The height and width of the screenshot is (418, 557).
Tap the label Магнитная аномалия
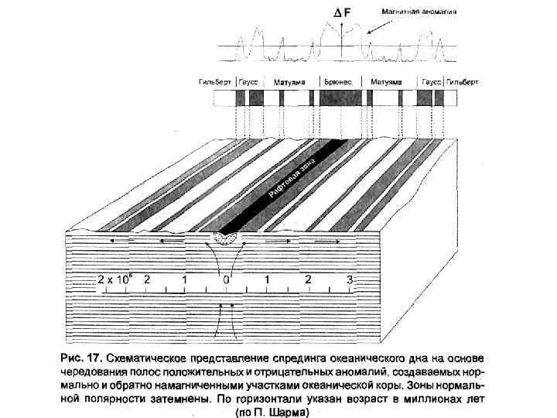pyautogui.click(x=418, y=12)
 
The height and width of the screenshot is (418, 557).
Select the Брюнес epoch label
pyautogui.click(x=338, y=81)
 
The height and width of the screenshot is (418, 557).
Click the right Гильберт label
pyautogui.click(x=463, y=81)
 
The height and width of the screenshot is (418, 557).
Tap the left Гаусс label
pyautogui.click(x=248, y=81)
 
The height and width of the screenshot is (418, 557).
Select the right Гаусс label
pyautogui.click(x=429, y=81)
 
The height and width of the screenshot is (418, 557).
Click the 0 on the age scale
pyautogui.click(x=226, y=278)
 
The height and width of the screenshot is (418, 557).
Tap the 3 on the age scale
pyautogui.click(x=350, y=278)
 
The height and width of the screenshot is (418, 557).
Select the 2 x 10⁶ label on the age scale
pyautogui.click(x=114, y=278)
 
